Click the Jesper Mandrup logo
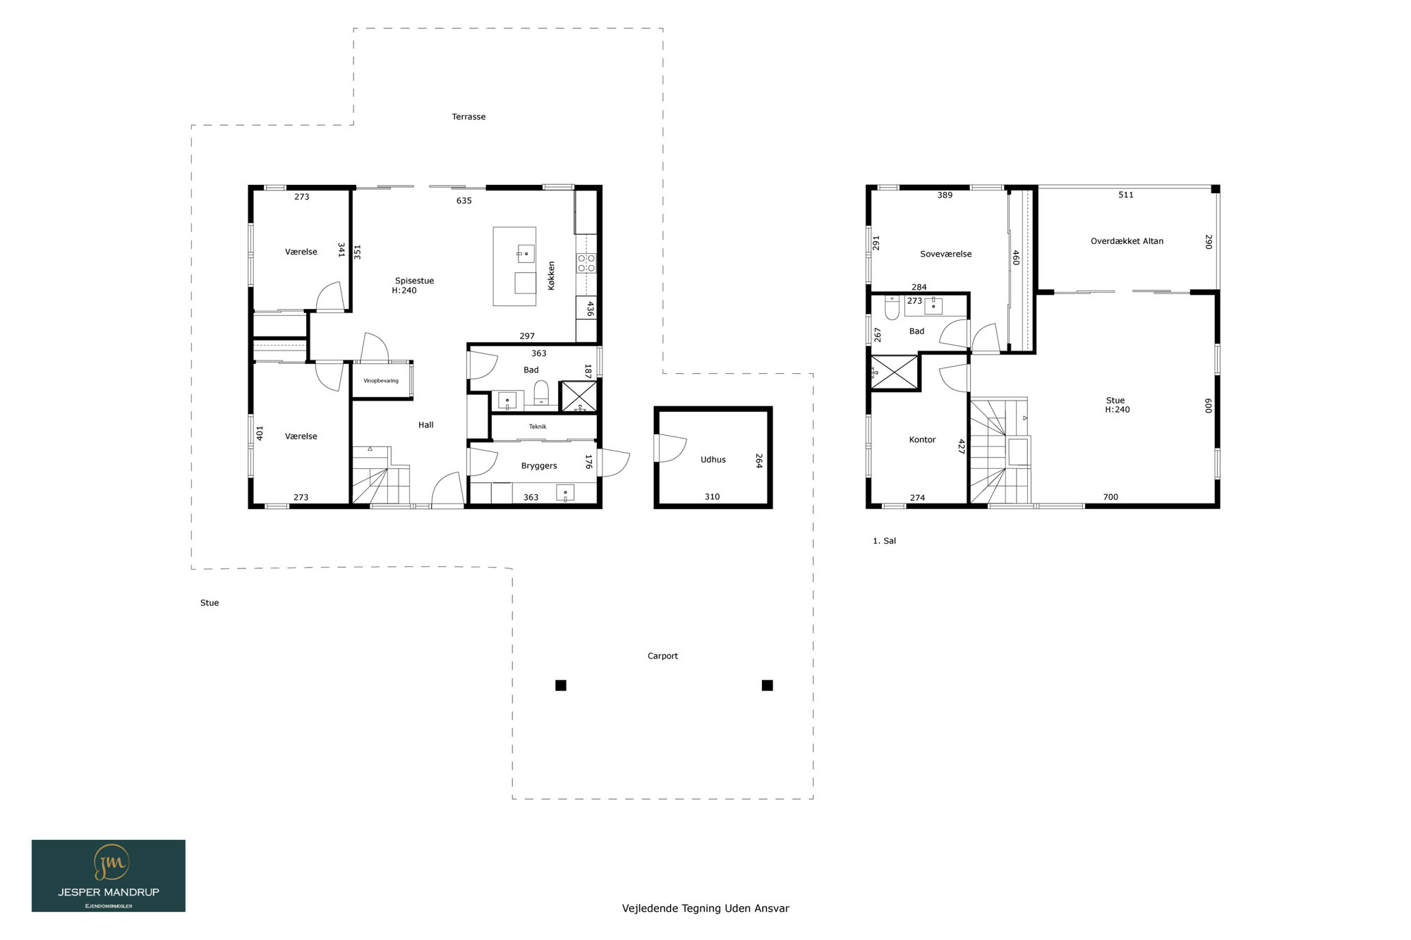pyautogui.click(x=109, y=875)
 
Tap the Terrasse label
pyautogui.click(x=468, y=117)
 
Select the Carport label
pyautogui.click(x=662, y=656)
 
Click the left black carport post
pyautogui.click(x=561, y=685)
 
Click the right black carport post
pyautogui.click(x=768, y=685)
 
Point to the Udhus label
pyautogui.click(x=713, y=460)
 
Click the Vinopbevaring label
pyautogui.click(x=381, y=381)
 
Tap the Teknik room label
pyautogui.click(x=538, y=427)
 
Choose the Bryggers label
pyautogui.click(x=539, y=466)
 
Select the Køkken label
pyautogui.click(x=551, y=276)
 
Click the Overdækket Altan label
pyautogui.click(x=1127, y=241)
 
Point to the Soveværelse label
pyautogui.click(x=945, y=254)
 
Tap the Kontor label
pyautogui.click(x=922, y=439)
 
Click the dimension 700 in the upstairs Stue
pyautogui.click(x=1110, y=497)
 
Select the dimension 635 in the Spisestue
pyautogui.click(x=464, y=201)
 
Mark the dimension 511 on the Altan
pyautogui.click(x=1126, y=195)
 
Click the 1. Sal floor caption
pyautogui.click(x=884, y=541)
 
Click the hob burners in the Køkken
pyautogui.click(x=587, y=264)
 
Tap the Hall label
pyautogui.click(x=425, y=425)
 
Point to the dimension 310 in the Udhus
pyautogui.click(x=712, y=497)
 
